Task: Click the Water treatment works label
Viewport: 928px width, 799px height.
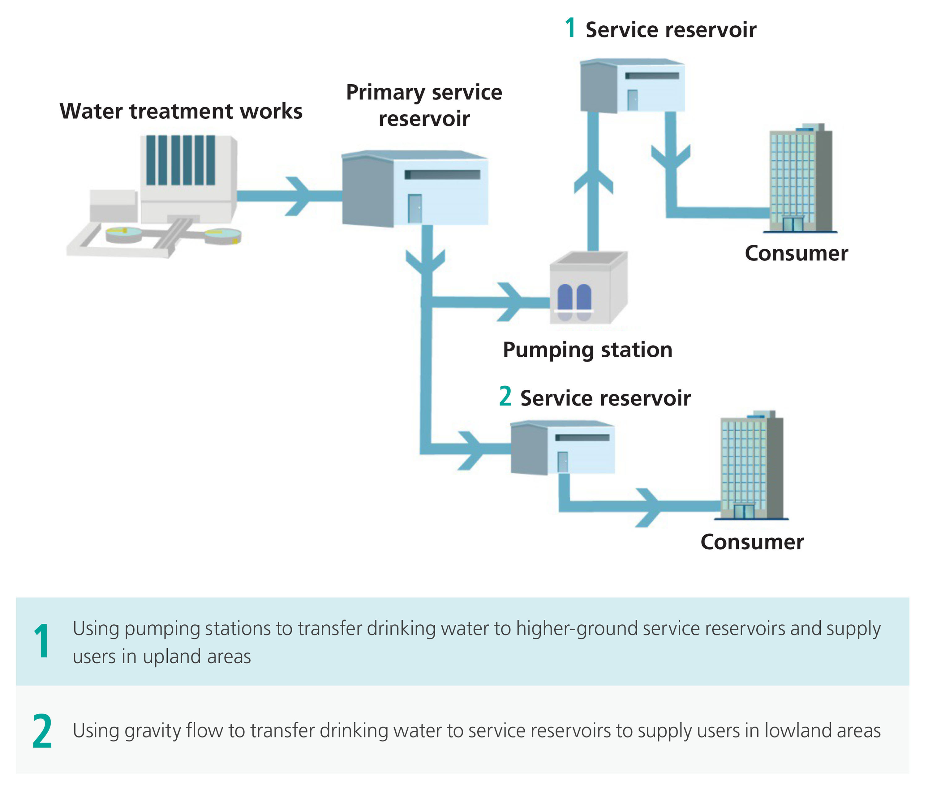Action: click(x=181, y=111)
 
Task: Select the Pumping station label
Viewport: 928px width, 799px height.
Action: click(x=587, y=350)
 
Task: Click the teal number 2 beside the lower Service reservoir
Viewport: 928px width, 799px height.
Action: click(x=505, y=396)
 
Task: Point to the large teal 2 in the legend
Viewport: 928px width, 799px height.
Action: click(x=42, y=731)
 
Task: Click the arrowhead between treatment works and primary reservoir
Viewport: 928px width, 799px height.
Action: click(x=299, y=196)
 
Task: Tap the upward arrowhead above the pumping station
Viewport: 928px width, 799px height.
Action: click(x=593, y=181)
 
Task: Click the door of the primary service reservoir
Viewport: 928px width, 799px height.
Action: click(x=415, y=209)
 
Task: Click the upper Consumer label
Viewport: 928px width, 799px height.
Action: click(x=796, y=253)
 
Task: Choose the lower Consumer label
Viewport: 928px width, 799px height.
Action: click(x=752, y=542)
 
